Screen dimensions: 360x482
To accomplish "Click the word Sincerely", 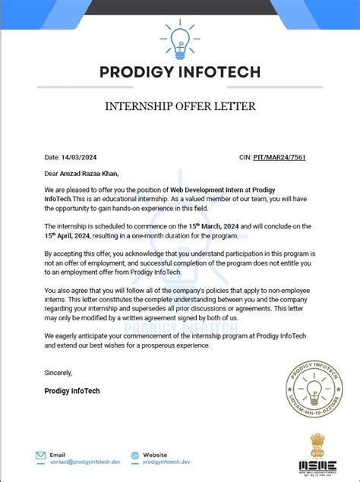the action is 58,373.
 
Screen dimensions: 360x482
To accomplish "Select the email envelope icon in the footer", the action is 40,456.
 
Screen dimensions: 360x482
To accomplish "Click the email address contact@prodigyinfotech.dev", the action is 87,462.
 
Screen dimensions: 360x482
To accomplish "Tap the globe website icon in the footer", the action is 135,456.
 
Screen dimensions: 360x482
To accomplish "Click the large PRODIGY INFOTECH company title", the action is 180,72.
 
